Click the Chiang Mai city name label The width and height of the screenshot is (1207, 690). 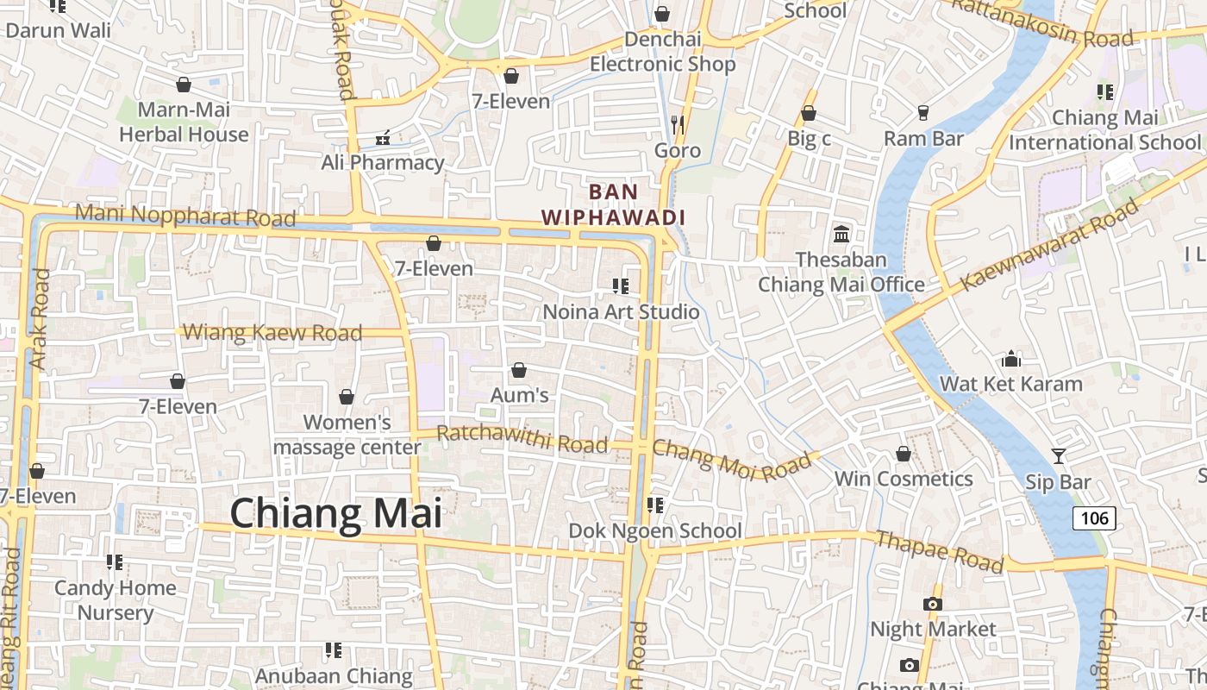[335, 513]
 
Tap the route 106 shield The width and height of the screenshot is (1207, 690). [1094, 517]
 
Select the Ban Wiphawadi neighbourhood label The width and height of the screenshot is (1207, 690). [613, 204]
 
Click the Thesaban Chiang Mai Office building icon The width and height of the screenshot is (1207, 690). [841, 234]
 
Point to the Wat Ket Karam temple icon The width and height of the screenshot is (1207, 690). [1010, 358]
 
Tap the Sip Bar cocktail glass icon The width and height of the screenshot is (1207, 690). [1058, 456]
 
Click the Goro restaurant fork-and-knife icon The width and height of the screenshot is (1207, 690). [678, 124]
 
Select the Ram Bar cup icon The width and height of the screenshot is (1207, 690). [922, 113]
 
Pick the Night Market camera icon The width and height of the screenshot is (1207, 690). [932, 604]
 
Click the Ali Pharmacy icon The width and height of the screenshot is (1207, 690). [383, 137]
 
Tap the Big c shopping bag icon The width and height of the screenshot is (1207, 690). [808, 113]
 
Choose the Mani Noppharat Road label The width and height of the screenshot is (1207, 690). [185, 215]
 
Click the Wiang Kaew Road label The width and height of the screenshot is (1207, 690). [272, 332]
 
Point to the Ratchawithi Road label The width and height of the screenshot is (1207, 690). [522, 438]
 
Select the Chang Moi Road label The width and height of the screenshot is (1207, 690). [732, 459]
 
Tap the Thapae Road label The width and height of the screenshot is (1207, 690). [939, 551]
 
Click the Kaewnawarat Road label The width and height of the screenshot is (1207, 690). [1048, 244]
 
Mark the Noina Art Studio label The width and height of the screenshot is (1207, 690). [621, 311]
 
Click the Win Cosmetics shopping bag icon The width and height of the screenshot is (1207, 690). [903, 454]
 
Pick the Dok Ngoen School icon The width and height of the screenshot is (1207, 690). [654, 505]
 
